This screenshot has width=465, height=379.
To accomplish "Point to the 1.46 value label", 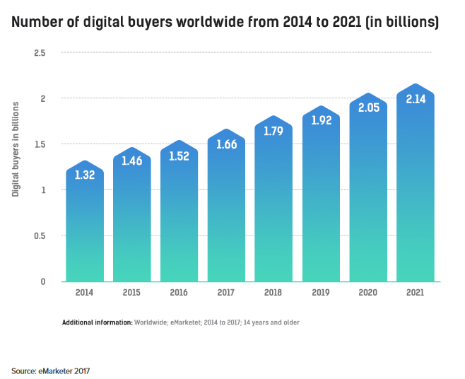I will [132, 161].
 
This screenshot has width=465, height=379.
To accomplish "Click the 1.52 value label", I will [179, 156].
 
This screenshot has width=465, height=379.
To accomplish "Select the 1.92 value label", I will [321, 120].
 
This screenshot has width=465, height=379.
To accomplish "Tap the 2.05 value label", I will [368, 107].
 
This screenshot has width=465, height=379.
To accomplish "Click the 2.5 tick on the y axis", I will [40, 53].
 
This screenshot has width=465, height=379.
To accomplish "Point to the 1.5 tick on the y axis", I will [40, 144].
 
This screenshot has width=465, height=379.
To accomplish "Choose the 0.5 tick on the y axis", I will [40, 236].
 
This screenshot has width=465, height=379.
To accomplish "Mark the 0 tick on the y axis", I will [43, 281].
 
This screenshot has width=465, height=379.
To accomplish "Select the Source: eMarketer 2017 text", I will [51, 370].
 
